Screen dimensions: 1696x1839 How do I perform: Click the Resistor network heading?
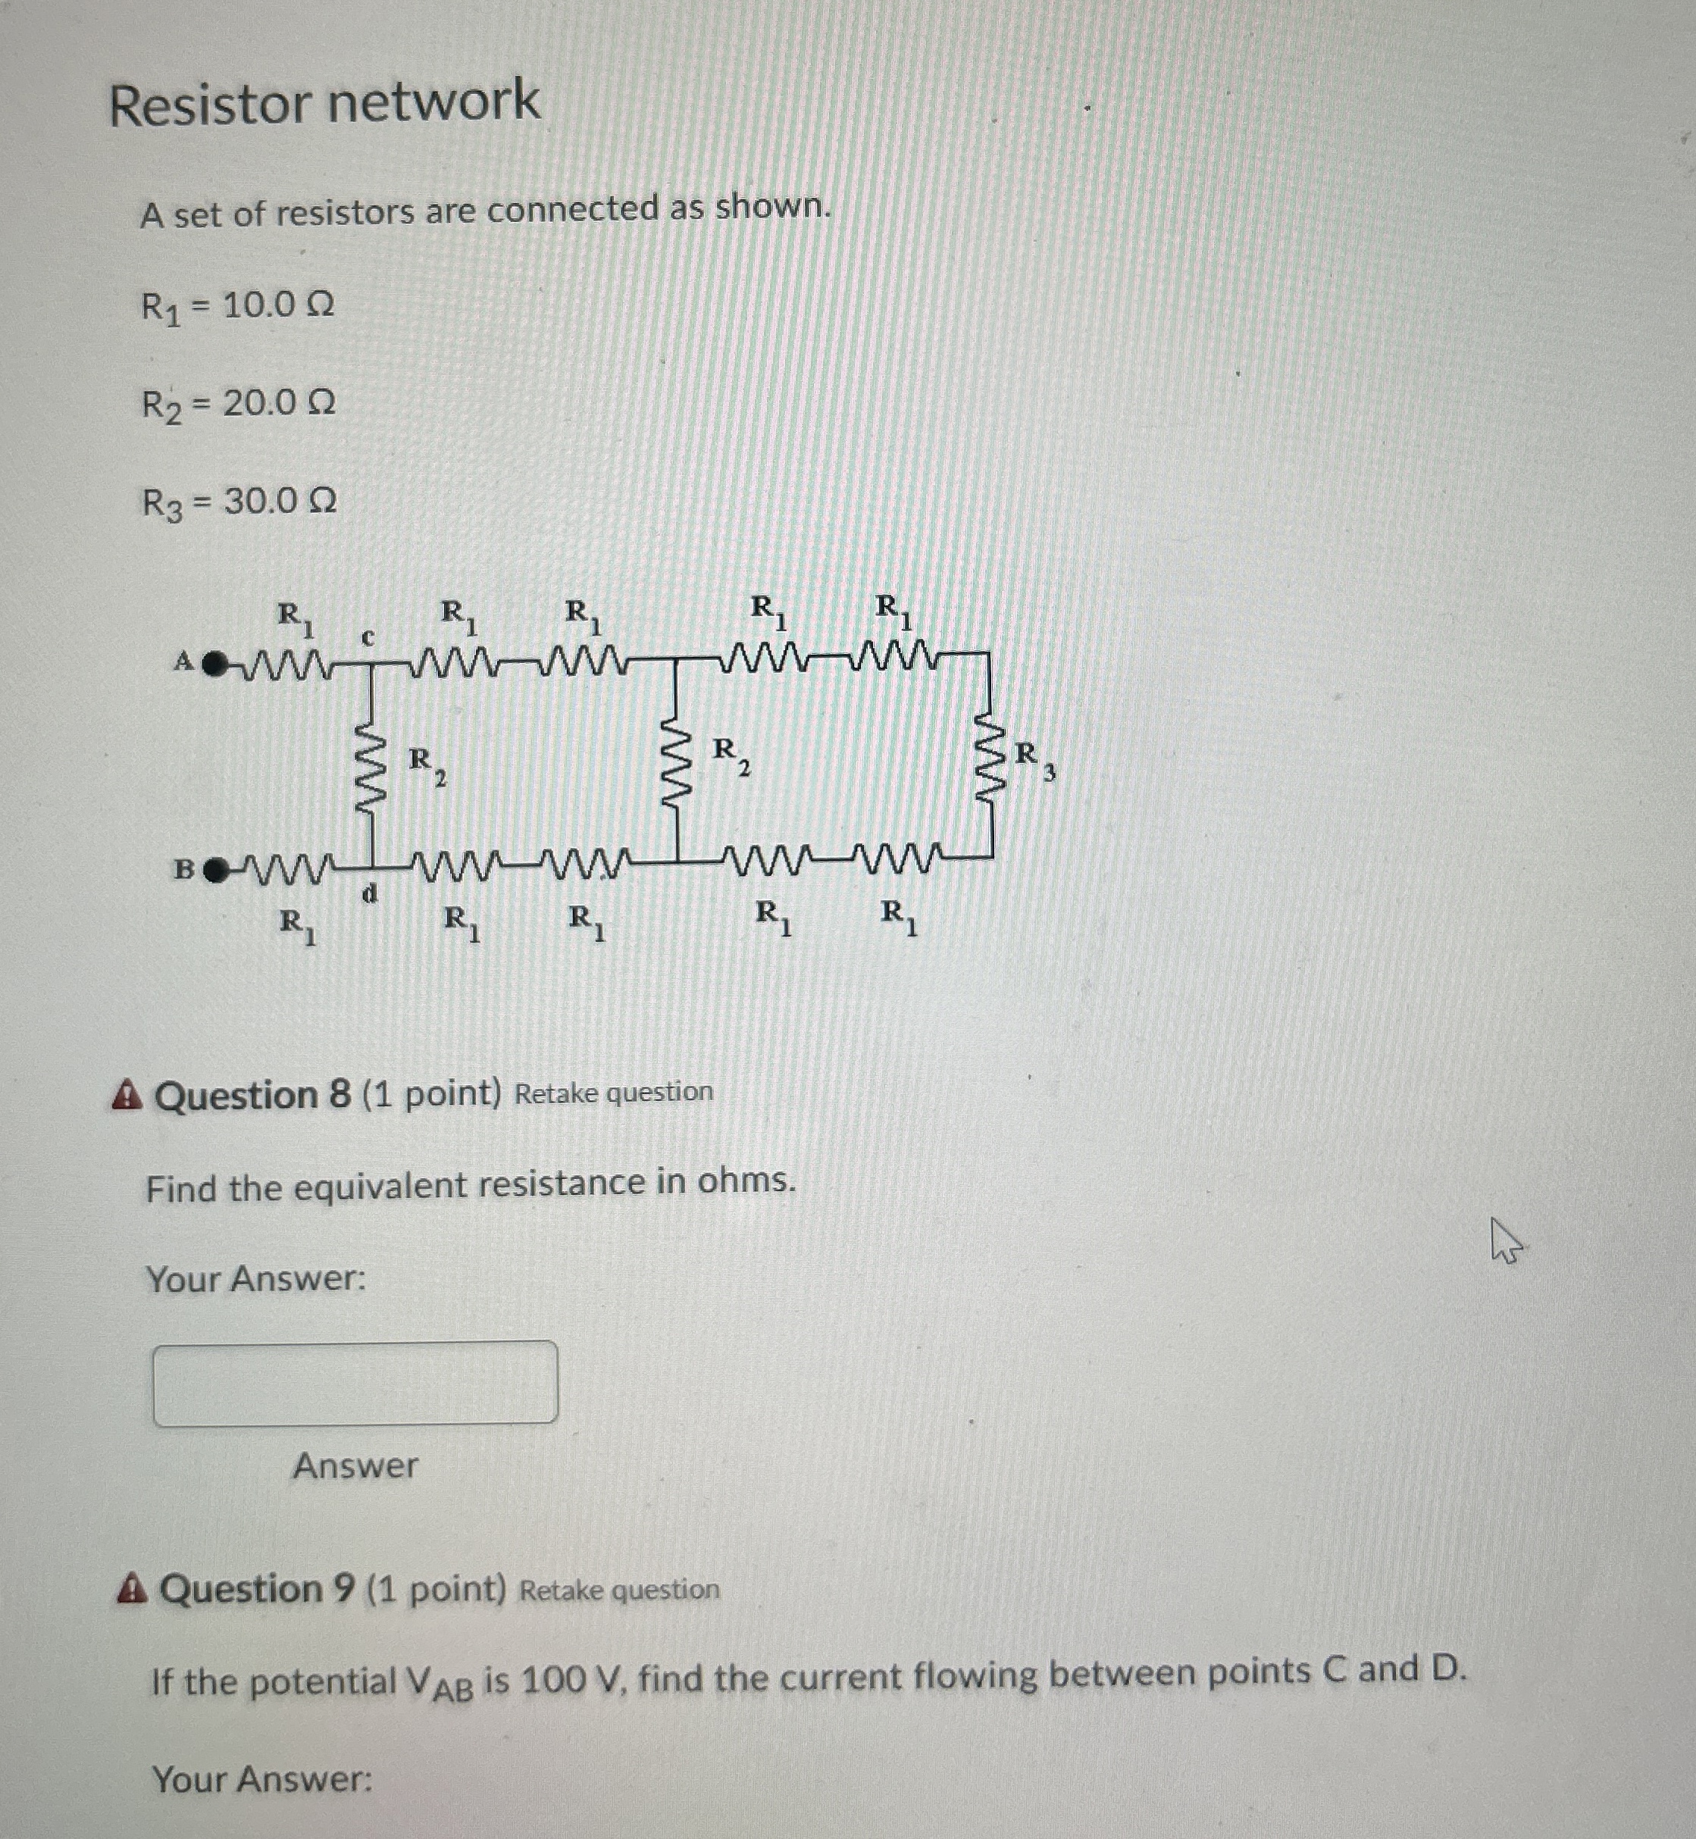324,103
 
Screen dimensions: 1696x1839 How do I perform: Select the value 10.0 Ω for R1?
277,305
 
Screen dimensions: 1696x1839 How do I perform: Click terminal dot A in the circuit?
214,662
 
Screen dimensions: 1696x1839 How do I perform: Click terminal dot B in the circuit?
214,870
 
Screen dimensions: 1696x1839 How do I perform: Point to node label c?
367,636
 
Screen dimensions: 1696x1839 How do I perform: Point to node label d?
369,892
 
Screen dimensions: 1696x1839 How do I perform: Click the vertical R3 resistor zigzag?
990,756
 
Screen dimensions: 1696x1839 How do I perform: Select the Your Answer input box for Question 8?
355,1382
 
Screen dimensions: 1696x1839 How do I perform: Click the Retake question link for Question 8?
613,1092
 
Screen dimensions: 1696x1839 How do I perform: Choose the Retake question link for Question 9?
619,1590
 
